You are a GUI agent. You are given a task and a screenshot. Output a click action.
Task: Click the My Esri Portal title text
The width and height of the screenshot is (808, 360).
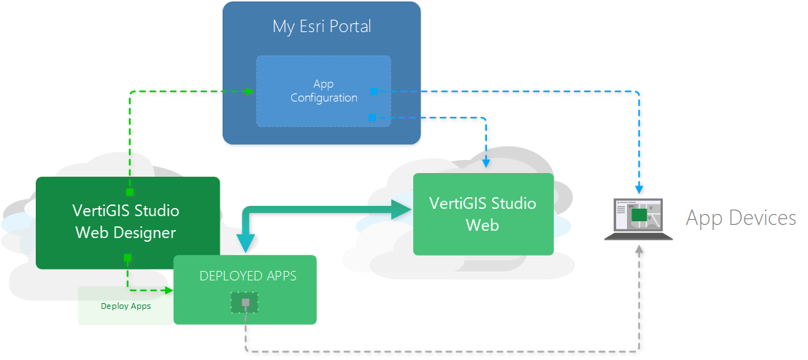(x=322, y=27)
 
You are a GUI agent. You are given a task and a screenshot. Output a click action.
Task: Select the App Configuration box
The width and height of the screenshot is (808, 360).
(x=323, y=91)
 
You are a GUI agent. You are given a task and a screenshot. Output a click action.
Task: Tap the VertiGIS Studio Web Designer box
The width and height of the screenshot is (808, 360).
(x=127, y=222)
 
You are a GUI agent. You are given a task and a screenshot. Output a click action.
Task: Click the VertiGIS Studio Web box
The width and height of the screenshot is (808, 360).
(x=482, y=214)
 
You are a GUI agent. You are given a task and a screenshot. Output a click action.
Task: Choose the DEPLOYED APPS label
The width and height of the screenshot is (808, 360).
(x=248, y=277)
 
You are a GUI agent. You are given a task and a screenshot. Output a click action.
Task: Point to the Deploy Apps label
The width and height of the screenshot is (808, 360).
(x=126, y=306)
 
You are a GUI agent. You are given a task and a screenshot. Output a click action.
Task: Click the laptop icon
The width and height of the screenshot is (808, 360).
(x=639, y=218)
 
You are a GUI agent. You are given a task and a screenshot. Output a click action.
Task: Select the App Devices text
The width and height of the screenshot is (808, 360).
(x=740, y=218)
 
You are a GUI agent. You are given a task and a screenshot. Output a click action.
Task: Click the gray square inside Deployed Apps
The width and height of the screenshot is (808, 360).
(x=245, y=302)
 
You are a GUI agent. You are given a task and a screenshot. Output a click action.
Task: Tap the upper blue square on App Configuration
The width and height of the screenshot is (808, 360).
(x=374, y=91)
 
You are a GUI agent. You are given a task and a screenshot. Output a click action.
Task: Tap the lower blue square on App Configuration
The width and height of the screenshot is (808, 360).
(x=373, y=117)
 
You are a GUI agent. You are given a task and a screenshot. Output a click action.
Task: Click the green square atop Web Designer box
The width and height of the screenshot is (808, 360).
(x=129, y=192)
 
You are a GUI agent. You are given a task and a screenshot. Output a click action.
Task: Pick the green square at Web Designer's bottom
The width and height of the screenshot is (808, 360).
(x=127, y=258)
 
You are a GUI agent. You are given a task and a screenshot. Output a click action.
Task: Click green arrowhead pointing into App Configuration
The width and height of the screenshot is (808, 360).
(x=250, y=91)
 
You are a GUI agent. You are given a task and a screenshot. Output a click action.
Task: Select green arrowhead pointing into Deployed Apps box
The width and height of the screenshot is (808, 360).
(x=169, y=290)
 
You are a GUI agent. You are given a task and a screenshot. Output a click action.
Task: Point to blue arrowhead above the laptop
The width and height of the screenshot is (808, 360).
(x=639, y=192)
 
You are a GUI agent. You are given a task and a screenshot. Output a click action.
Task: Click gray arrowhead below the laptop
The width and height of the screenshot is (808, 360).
(x=639, y=250)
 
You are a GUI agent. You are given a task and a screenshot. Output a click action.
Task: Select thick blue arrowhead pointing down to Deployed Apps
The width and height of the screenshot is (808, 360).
(x=245, y=242)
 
